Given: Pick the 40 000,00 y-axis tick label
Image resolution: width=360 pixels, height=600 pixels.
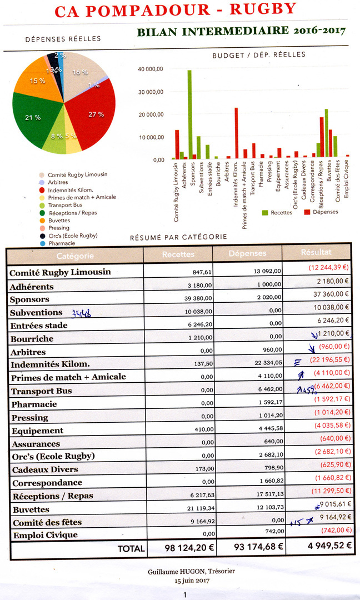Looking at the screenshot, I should tap(151, 69).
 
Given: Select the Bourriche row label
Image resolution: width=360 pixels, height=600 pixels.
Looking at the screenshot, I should tap(32, 338).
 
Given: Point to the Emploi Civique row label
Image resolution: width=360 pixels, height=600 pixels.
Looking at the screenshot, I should tap(44, 534).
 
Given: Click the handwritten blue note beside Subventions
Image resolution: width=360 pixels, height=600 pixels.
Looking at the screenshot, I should tap(81, 312).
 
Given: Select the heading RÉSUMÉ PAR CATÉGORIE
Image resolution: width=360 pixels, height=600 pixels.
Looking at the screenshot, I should tap(178, 237).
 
